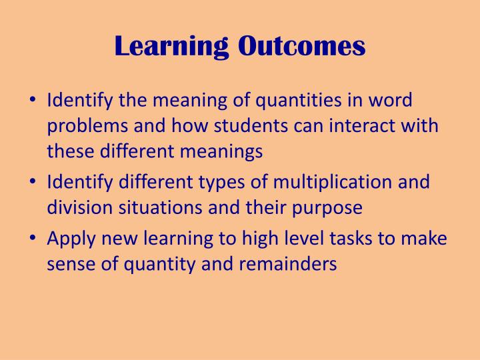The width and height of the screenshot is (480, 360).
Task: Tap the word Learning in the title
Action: point(173,45)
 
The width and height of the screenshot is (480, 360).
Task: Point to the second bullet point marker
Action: point(34,182)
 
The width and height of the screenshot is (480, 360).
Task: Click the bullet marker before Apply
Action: point(34,239)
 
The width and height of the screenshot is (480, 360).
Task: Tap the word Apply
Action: point(68,239)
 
